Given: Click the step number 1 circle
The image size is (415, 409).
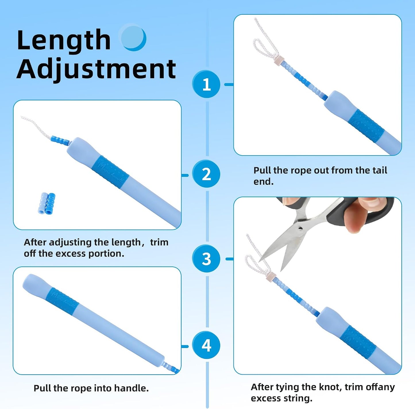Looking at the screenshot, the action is (x=206, y=84).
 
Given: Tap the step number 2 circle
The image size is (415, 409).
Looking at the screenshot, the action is (x=206, y=174).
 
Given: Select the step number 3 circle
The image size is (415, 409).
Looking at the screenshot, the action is (x=206, y=258).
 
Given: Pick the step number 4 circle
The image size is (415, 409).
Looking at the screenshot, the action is (x=206, y=345).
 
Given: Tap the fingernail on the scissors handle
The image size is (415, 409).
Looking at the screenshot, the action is (x=372, y=202).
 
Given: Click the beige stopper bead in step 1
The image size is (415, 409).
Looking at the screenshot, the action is (x=278, y=59).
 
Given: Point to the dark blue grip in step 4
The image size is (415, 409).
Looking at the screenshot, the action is (x=62, y=301).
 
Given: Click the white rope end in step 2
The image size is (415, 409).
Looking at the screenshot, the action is (x=22, y=117).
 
